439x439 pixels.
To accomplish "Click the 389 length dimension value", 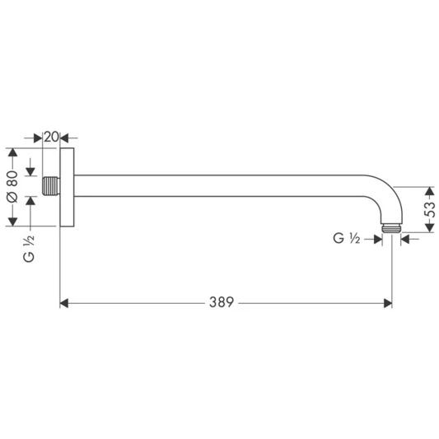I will coord(222,303).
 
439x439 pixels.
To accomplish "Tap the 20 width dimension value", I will coord(51,137).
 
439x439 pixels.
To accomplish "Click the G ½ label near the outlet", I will coord(347,239).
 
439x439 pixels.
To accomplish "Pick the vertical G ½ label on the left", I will coord(29,250).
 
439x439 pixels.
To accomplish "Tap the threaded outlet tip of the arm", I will coord(392,225).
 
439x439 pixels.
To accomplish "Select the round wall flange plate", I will coord(68,187).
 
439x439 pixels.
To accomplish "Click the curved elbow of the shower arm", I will coord(385,194).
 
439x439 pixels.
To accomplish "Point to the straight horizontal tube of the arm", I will coord(231,185).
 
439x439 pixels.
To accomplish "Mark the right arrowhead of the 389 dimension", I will coord(388,303).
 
